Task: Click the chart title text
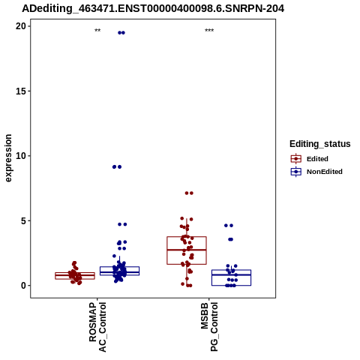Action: pos(153,8)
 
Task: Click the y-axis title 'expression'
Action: pos(8,158)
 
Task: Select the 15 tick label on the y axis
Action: pos(21,91)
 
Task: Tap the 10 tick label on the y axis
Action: pos(21,156)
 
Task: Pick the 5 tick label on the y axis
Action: pos(23,220)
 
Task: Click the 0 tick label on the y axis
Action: pos(23,286)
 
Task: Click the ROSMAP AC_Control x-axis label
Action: pos(97,327)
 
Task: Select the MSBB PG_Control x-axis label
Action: pos(209,327)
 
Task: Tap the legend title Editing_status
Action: pos(320,144)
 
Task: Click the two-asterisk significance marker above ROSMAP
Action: pos(97,31)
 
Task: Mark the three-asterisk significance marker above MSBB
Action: pos(209,31)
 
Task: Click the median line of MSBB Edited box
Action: pos(187,250)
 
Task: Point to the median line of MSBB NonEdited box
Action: pos(231,274)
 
